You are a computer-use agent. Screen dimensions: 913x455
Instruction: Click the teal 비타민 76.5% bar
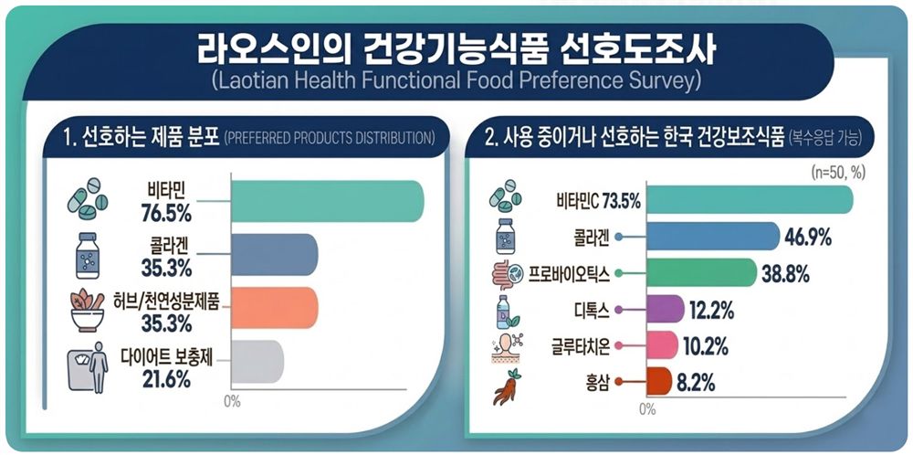tap(327, 201)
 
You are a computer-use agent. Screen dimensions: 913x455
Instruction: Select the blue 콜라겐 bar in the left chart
tap(275, 255)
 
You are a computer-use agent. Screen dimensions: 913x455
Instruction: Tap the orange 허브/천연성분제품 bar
tap(275, 307)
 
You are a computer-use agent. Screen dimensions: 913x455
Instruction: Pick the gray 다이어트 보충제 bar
tap(257, 360)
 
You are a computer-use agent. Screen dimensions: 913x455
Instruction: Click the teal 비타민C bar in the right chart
tap(750, 200)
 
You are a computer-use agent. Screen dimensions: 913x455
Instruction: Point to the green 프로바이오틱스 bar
tap(701, 272)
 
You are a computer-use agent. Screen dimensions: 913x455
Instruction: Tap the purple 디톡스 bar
tap(665, 309)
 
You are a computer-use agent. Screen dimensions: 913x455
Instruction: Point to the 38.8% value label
tap(785, 273)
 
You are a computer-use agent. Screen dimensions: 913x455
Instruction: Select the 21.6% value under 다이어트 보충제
tap(166, 380)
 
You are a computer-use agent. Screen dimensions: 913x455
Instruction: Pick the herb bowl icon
tap(88, 310)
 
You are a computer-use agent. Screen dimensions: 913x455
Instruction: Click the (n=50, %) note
tap(836, 173)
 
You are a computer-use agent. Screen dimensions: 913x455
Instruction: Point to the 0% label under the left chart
tap(232, 401)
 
